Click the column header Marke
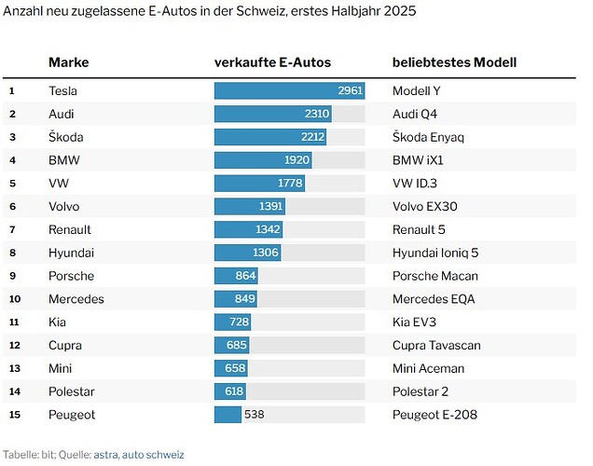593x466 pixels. [68, 62]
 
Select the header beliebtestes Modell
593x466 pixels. [454, 62]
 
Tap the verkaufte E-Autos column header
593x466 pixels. [272, 62]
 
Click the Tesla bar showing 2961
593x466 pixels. [289, 90]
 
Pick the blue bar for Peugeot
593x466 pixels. [228, 414]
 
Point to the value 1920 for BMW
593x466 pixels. [296, 160]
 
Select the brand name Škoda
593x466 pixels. [67, 137]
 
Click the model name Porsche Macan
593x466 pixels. [435, 276]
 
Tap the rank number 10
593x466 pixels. [13, 299]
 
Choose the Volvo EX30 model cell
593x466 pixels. [425, 206]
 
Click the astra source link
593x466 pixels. [106, 455]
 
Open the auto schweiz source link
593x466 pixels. [153, 455]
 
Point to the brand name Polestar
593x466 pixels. [72, 391]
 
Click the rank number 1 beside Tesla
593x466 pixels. [12, 90]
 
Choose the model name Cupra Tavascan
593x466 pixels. [437, 345]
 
